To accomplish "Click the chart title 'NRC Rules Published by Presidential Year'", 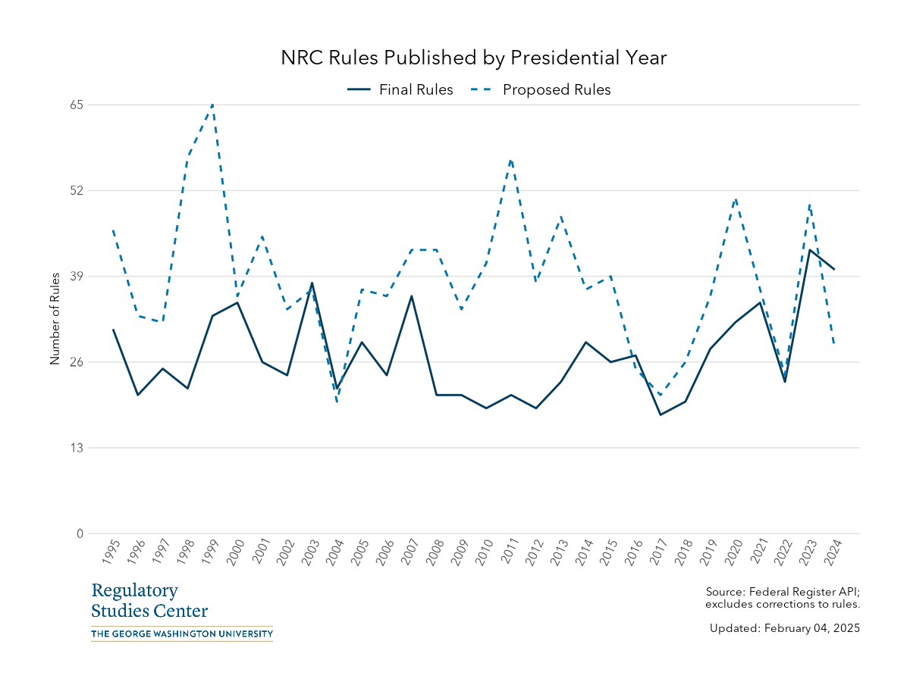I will coord(474,58).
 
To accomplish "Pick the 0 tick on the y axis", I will coord(79,533).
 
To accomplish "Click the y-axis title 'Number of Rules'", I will coord(55,319).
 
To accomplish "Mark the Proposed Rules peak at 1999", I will coord(212,105).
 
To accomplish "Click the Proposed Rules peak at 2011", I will coord(511,160).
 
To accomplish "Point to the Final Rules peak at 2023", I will coord(810,250).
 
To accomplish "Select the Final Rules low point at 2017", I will coord(661,415).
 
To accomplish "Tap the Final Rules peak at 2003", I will coord(312,283).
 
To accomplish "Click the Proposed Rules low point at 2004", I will coord(337,402).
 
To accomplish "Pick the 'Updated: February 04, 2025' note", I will coord(784,628).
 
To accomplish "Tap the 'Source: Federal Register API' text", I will coord(782,592).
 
